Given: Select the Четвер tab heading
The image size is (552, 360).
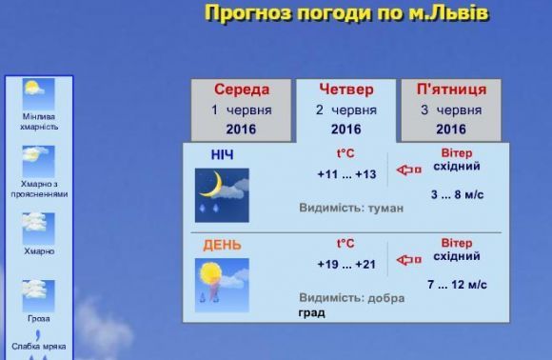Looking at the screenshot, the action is point(346,90).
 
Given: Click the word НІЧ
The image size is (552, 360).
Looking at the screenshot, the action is point(222,155).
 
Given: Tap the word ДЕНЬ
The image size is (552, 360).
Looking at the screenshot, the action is point(222,245).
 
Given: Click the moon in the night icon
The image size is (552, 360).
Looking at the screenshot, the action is point(213,185).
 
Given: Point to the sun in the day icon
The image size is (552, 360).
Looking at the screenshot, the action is point(210,272).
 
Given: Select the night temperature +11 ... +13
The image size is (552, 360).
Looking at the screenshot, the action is point(346,174).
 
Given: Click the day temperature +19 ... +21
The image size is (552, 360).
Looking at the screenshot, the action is point(346,264).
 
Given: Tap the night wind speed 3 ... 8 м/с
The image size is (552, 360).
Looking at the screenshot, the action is point(457,194).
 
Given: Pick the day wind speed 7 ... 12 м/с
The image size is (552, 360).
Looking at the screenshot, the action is point(457,284).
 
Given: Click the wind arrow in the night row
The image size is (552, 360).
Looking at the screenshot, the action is point(408,170).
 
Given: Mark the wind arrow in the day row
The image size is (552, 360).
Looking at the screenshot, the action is point(408,260).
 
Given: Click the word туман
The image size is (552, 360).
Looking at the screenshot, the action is point(385,209).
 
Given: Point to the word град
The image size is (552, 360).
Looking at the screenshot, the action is point(312,312).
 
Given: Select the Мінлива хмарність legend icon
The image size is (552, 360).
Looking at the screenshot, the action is point(38,94).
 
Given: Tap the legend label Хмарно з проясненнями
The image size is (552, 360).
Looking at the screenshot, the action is point(39,190).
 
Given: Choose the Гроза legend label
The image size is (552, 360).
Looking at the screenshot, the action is point(39,318).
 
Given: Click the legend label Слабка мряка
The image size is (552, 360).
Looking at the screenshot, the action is point(39,347).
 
